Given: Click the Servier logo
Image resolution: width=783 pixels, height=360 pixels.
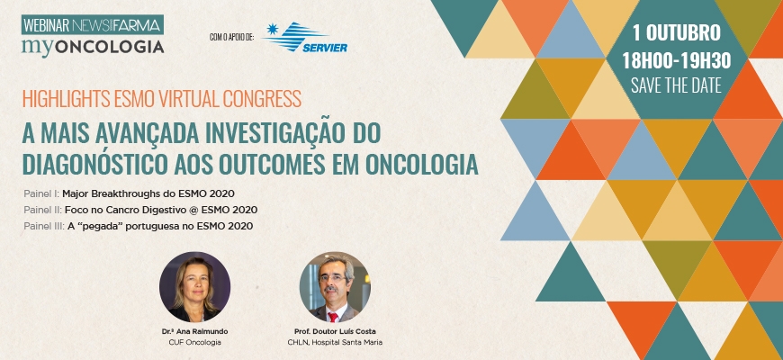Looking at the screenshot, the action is coord(305,37).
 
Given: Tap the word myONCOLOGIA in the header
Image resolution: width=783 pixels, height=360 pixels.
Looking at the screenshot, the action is coord(93,47).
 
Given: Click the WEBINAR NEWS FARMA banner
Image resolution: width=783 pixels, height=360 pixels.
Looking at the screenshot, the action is coord(93,25).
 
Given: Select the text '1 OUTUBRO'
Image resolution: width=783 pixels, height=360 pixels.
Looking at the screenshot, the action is coord(677,33).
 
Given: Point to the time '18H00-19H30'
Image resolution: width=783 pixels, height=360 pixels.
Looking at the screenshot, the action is coord(676,61).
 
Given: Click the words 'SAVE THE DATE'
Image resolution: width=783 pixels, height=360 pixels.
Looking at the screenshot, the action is coord(676,85).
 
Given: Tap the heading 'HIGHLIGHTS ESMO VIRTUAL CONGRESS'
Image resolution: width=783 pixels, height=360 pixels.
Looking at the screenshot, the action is coord(162,99).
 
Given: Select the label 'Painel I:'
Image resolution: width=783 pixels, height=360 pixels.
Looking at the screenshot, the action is coord(41,193).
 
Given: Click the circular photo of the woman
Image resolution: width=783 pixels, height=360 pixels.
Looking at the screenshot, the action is coord(194,287).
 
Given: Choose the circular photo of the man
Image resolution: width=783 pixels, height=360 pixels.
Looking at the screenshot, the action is coord(335,287).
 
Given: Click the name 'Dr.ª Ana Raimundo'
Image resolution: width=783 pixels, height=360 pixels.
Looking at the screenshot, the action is coord(194,331).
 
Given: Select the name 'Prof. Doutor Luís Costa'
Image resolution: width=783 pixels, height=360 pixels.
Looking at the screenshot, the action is coord(335,331).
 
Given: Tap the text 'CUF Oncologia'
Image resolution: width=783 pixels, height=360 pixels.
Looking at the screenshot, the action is coord(194,343).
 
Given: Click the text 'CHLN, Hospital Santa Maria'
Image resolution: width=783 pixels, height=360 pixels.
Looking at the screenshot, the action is coord(335,343).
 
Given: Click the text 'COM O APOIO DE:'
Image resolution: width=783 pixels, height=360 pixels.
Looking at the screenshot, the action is coord(231,36).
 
